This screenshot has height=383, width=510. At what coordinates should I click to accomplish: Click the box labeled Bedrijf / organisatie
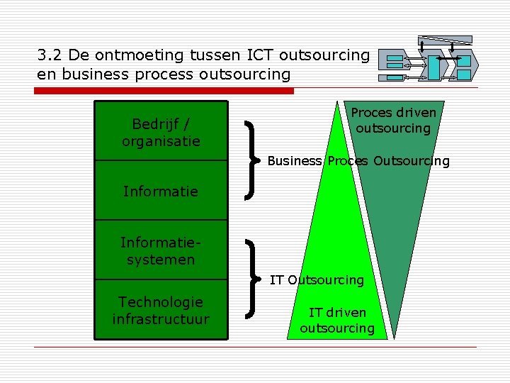(161, 132)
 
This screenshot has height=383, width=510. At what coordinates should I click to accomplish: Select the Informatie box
(161, 191)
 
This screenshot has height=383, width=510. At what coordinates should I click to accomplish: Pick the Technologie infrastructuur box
(161, 311)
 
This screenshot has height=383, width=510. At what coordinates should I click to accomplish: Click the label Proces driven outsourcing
(393, 121)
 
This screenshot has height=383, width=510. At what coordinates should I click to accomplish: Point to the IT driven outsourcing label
(337, 320)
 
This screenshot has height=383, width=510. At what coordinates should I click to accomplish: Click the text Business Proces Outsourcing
(358, 161)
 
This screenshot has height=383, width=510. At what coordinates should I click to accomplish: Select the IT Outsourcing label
(317, 280)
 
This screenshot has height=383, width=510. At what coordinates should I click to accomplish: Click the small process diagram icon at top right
(429, 60)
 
